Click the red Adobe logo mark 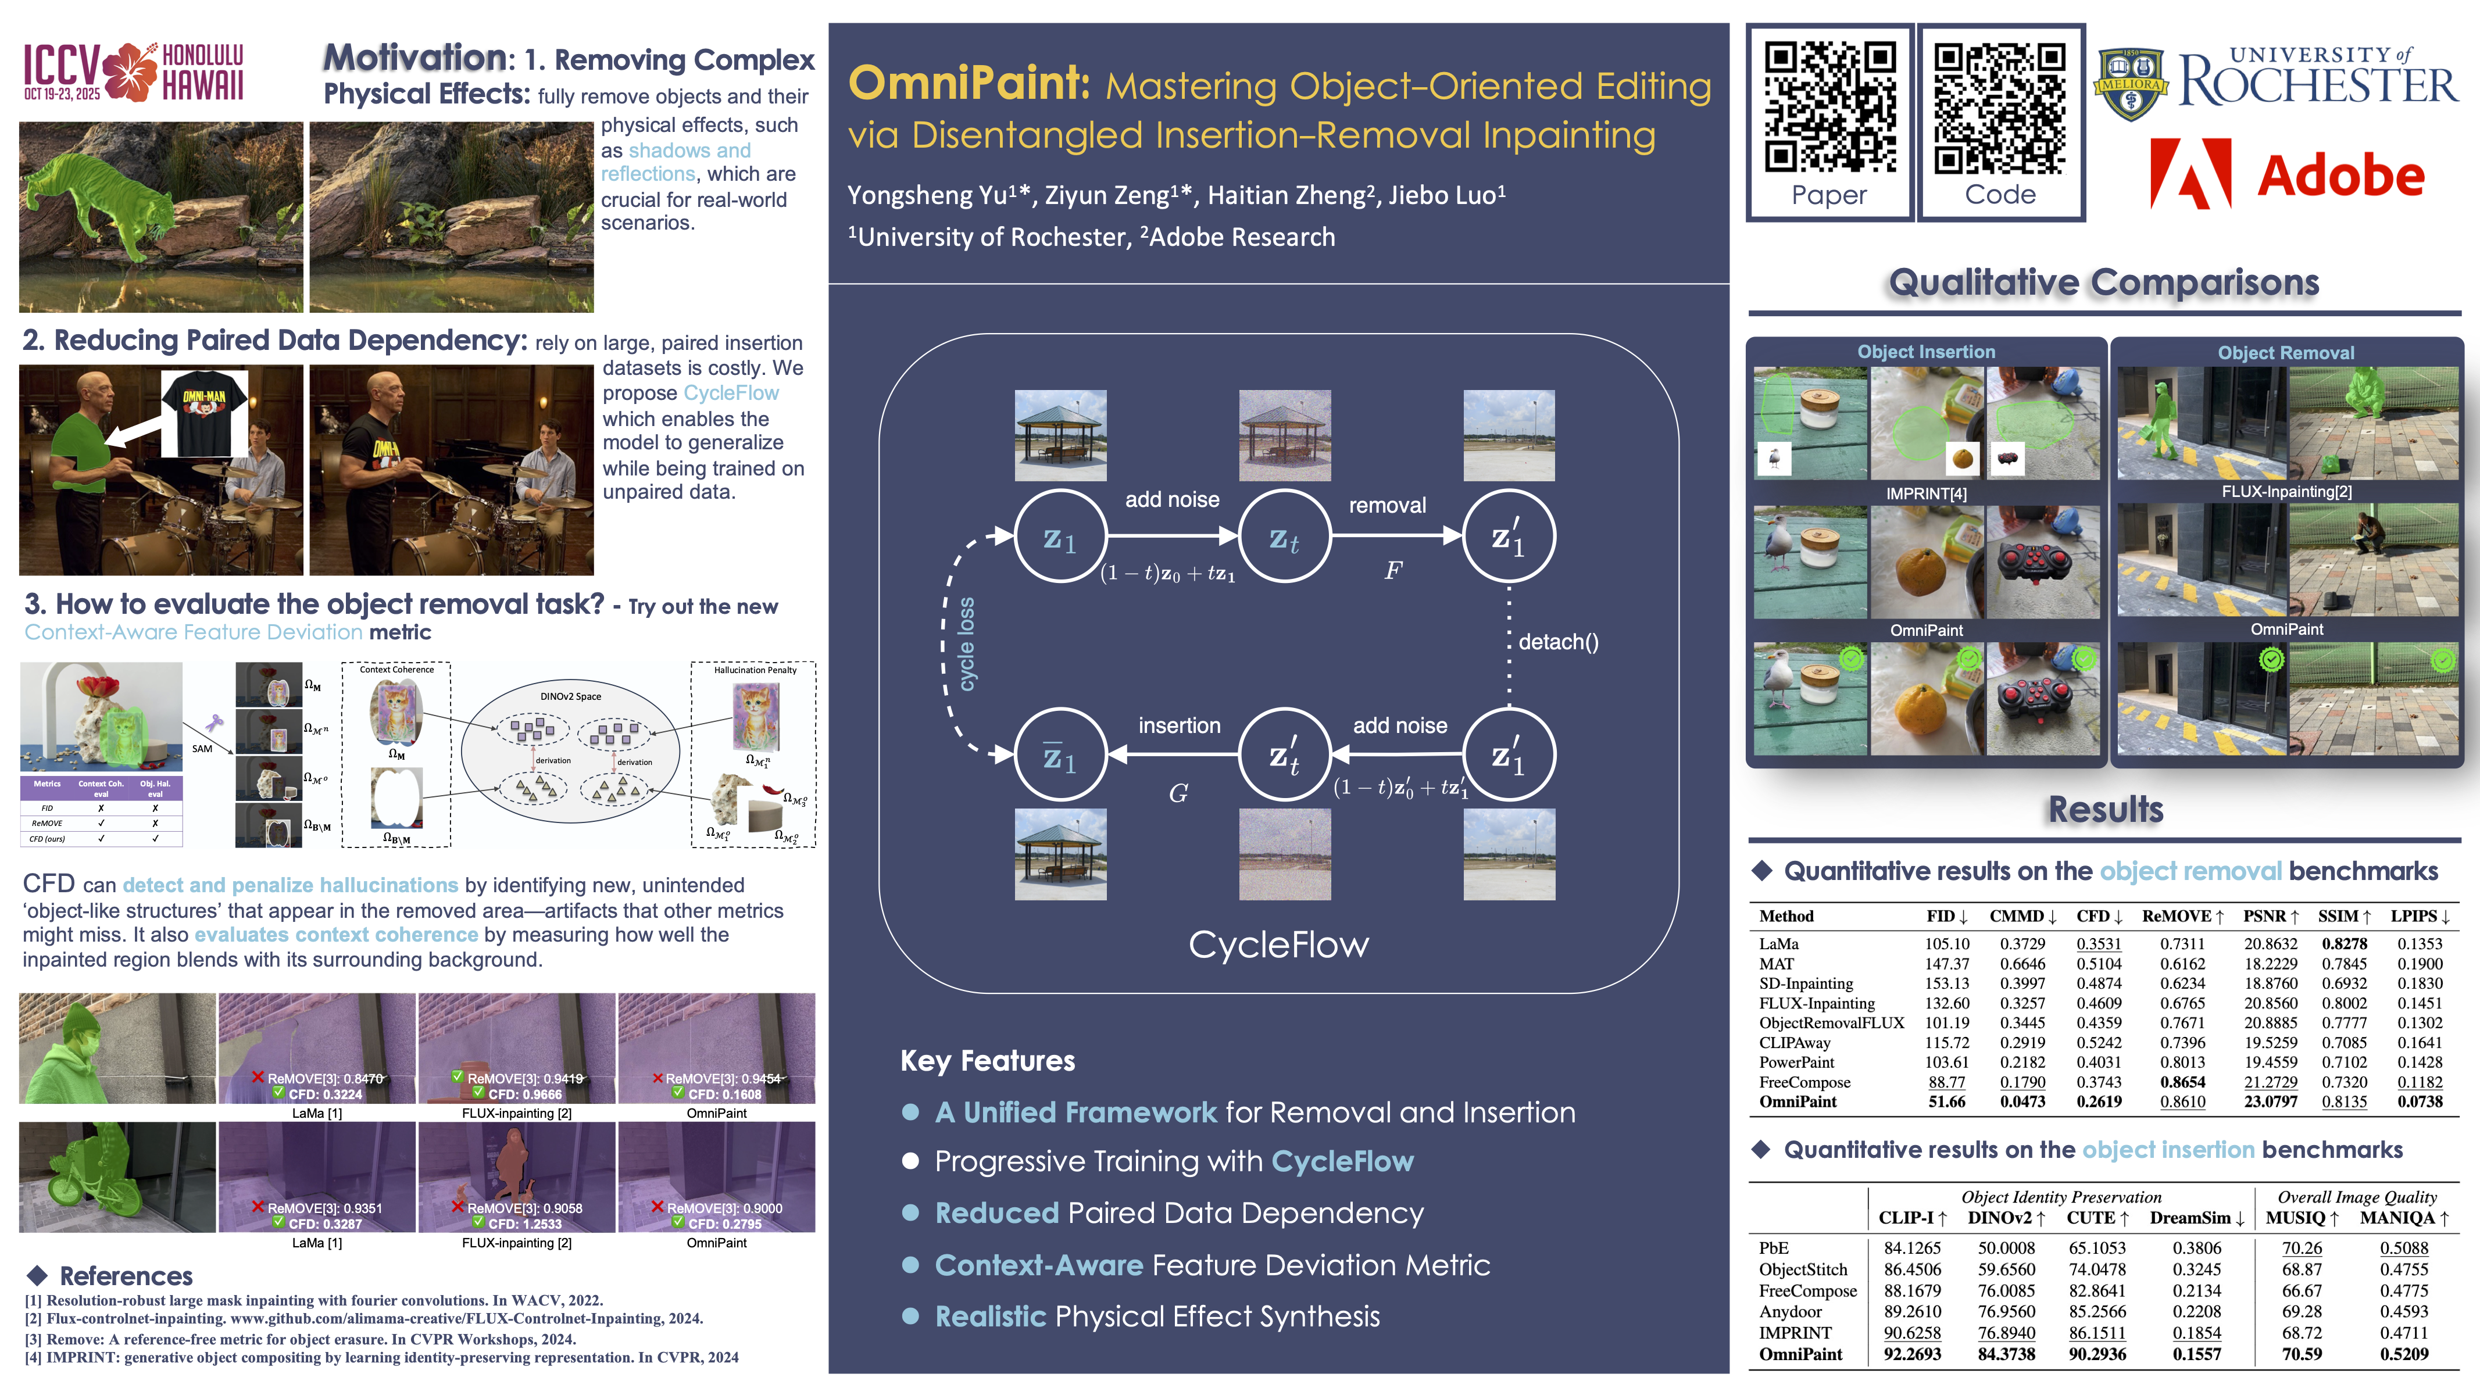(x=2190, y=173)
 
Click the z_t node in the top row (x=1284, y=537)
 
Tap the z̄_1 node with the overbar (x=1060, y=756)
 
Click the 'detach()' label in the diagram (x=1557, y=642)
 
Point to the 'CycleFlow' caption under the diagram (x=1278, y=945)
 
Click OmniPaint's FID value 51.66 (x=1947, y=1101)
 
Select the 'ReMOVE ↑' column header (x=2182, y=915)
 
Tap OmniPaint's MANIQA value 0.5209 (x=2404, y=1354)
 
